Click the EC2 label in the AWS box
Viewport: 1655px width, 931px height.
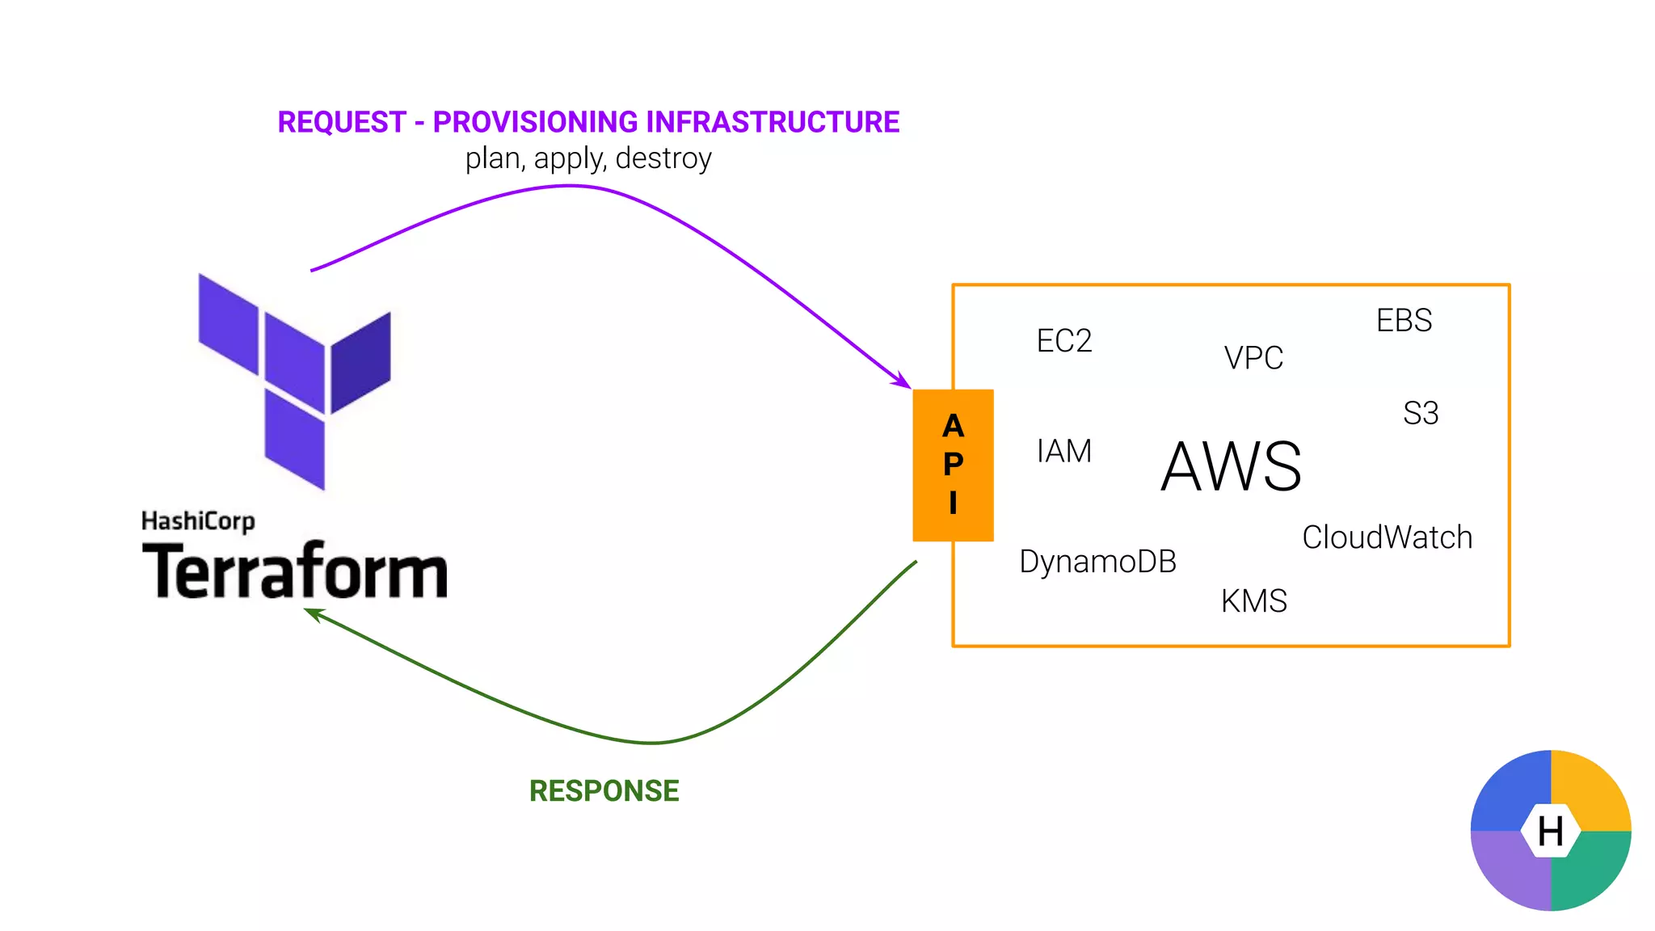coord(1063,341)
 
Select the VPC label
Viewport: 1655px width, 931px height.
coord(1253,358)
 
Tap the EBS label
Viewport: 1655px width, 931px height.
coord(1404,321)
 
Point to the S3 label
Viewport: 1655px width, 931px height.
coord(1421,414)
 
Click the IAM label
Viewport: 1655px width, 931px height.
coord(1063,451)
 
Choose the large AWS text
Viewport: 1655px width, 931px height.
coord(1231,466)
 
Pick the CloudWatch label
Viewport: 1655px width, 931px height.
coord(1387,537)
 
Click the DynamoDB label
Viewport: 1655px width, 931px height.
coord(1097,562)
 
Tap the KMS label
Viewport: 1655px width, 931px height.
coord(1253,601)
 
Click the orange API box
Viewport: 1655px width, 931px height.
coord(953,465)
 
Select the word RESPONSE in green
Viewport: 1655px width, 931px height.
coord(604,791)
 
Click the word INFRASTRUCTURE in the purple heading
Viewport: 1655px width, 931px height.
coord(773,122)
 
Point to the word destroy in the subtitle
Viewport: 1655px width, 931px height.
coord(663,158)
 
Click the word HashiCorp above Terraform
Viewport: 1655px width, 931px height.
coord(198,521)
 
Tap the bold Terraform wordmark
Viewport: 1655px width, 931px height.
coord(294,571)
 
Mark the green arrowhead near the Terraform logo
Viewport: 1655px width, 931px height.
coord(313,614)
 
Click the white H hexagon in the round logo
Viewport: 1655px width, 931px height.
coord(1550,831)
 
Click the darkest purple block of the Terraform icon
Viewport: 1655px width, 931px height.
coord(361,363)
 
